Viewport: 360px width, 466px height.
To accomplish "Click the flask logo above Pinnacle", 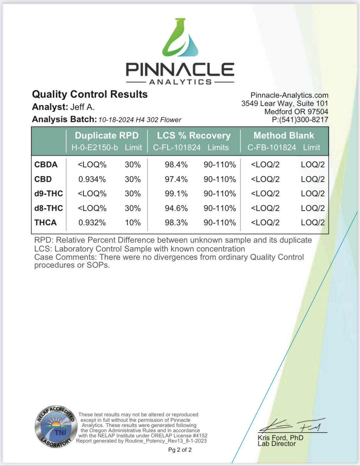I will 180,38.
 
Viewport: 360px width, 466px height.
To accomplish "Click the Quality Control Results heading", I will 90,94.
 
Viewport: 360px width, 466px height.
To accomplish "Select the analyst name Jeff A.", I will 82,107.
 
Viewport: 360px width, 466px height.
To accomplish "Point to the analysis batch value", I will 140,120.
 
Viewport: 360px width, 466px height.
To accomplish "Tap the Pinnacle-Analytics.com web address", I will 289,95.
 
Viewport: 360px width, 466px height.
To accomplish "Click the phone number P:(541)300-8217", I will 300,120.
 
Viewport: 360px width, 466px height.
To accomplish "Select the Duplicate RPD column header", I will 107,135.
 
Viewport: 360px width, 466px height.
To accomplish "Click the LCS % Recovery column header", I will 194,135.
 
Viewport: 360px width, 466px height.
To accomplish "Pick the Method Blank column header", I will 284,135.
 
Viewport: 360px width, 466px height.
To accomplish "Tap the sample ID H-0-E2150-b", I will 95,148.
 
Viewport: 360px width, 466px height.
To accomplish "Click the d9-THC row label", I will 49,193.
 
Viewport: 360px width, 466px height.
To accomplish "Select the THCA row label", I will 45,222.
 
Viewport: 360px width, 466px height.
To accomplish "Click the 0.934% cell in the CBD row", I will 92,179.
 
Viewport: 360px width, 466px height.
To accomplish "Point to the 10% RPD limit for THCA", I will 133,222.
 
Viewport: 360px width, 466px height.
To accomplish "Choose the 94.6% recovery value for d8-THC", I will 176,208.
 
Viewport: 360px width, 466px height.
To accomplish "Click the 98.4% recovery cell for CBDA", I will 176,164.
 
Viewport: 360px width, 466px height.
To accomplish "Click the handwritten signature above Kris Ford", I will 292,425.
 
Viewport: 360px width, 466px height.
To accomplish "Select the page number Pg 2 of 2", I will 180,450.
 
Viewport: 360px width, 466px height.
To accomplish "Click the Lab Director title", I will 277,444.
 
